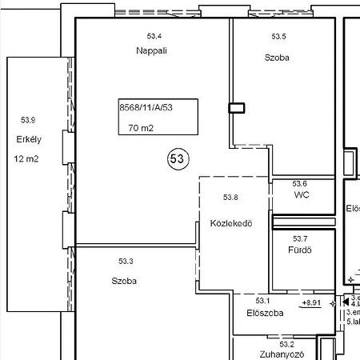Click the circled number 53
point(177,159)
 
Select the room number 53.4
point(154,37)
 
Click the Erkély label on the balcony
point(29,139)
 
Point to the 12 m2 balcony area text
point(26,158)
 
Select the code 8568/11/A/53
point(146,106)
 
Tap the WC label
point(302,194)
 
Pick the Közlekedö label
point(232,223)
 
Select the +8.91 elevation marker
point(312,303)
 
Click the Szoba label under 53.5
point(277,58)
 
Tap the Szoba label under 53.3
point(124,281)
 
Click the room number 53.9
point(28,120)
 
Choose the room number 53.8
point(230,198)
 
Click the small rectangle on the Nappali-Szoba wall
point(237,108)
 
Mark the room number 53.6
point(299,183)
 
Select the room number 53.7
point(300,238)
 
